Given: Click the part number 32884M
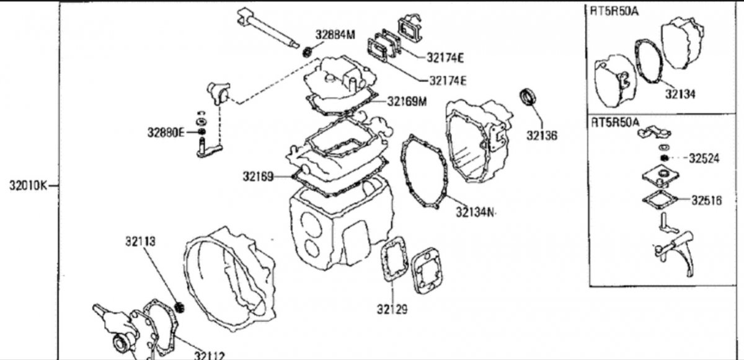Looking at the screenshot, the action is point(335,35).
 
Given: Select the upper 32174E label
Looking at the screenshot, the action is point(445,58).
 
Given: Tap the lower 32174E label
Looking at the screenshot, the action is point(448,81).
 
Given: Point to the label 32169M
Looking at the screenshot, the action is point(407,102).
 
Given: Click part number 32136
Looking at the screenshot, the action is point(542,135).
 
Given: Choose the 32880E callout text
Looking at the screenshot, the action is point(166,133).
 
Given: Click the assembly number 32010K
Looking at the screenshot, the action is point(29,185).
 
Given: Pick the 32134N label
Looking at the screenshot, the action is point(475,212).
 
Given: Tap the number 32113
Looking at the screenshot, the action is point(140,241).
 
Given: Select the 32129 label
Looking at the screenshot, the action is point(392,309).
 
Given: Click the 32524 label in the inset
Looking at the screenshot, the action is point(704,158).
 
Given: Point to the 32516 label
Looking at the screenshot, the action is point(707,200).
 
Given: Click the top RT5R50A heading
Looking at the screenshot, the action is point(614,11).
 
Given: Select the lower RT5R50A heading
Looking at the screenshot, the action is point(615,123).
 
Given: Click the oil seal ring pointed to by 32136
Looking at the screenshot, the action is point(528,97).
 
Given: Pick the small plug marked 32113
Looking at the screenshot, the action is point(180,307).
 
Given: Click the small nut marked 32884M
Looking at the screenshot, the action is point(308,52).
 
